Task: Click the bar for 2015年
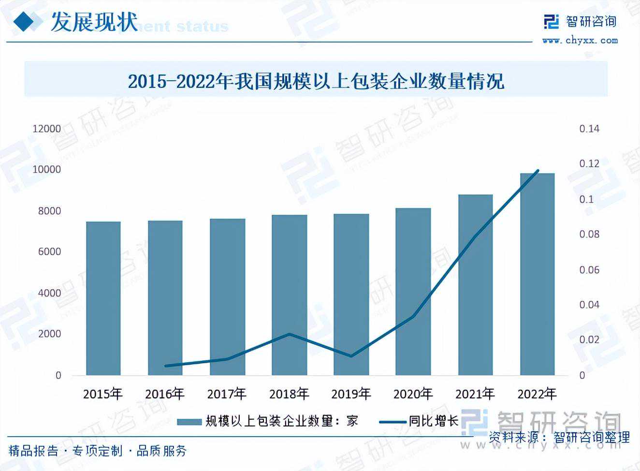point(103,298)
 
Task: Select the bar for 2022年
point(537,274)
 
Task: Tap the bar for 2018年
point(289,294)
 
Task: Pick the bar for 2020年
point(413,291)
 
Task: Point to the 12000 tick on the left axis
point(47,129)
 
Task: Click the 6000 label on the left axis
point(50,251)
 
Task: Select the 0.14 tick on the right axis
point(589,129)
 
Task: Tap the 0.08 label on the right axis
point(589,234)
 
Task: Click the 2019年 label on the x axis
point(351,394)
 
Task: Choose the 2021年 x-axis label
point(475,394)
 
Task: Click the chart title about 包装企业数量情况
point(316,81)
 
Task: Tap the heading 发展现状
point(94,22)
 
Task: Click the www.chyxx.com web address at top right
point(580,41)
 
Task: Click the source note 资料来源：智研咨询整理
point(559,438)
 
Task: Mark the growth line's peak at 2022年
point(538,171)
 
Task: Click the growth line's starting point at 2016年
point(165,366)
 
